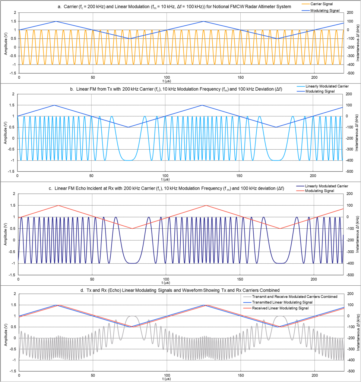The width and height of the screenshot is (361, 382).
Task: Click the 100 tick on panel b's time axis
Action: tap(165, 175)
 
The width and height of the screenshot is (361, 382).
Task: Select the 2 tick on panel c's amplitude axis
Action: tap(14, 194)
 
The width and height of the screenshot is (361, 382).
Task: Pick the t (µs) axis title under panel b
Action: tap(180, 179)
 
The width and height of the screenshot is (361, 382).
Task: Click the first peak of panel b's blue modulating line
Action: tap(55, 105)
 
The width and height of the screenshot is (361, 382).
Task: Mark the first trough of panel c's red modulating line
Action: tap(132, 228)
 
